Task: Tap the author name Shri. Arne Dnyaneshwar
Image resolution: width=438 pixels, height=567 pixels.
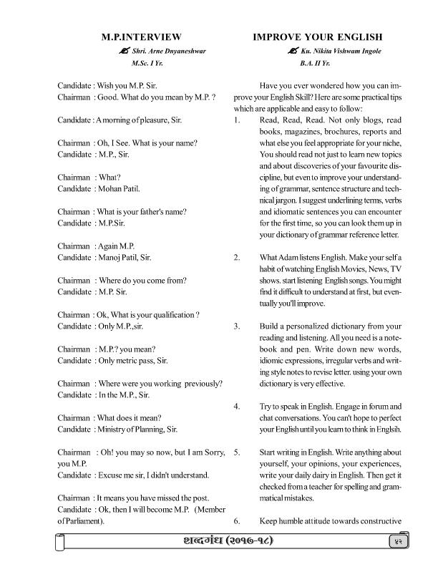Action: tap(153, 51)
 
